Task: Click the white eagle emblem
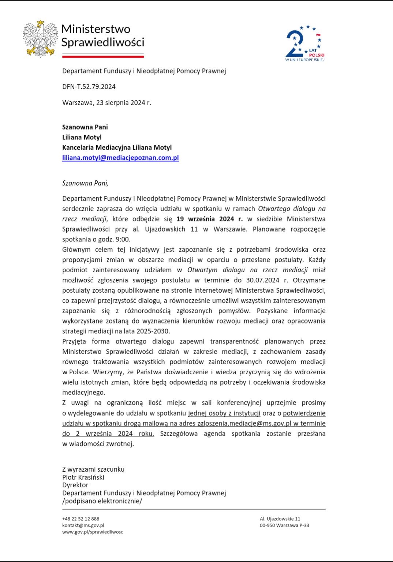pos(40,39)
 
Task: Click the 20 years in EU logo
pos(304,43)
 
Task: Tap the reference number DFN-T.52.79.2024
pos(89,87)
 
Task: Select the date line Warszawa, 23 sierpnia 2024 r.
pos(106,103)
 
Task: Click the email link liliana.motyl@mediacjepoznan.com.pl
pos(120,158)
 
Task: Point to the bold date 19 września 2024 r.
pos(209,219)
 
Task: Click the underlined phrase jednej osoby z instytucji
pos(224,413)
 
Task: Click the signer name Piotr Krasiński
pos(83,477)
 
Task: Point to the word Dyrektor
pos(75,485)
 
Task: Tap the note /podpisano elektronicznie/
pos(102,501)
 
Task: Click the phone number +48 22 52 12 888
pos(81,519)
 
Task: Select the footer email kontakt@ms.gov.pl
pos(83,525)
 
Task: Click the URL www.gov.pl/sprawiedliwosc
pos(93,532)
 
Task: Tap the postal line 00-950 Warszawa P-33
pos(284,525)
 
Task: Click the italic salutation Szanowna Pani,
pos(85,183)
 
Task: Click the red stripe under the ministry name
pos(103,56)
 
